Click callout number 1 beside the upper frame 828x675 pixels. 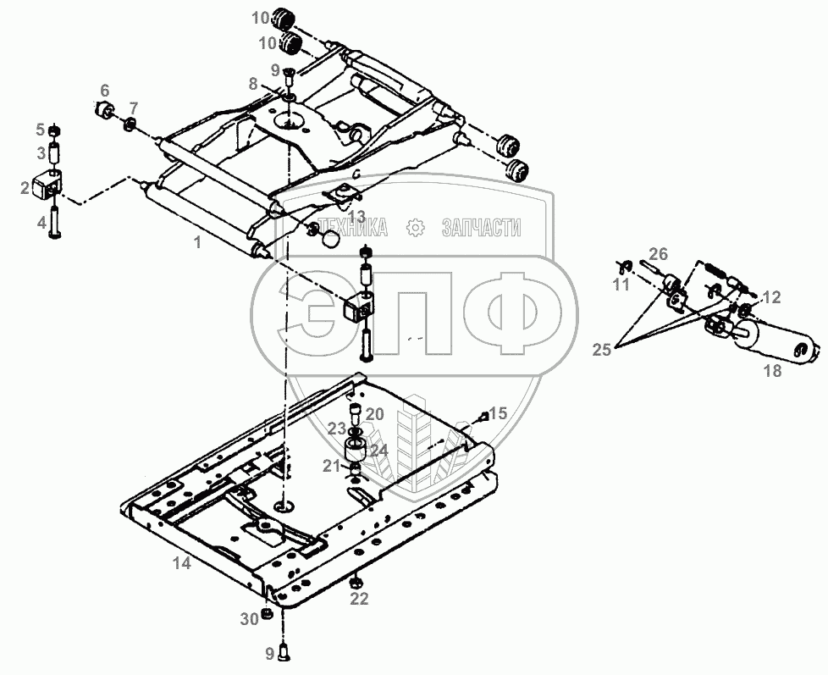pyautogui.click(x=197, y=242)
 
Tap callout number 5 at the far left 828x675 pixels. pyautogui.click(x=39, y=130)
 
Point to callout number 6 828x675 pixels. pyautogui.click(x=105, y=91)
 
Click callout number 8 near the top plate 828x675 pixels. pyautogui.click(x=253, y=84)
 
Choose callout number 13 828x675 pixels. pyautogui.click(x=357, y=216)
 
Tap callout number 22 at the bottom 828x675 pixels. pyautogui.click(x=360, y=600)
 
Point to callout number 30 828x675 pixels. pyautogui.click(x=247, y=619)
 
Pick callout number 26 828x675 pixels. pyautogui.click(x=658, y=253)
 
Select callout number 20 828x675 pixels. pyautogui.click(x=375, y=414)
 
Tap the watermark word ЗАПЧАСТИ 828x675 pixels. pyautogui.click(x=481, y=227)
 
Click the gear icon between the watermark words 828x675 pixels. pyautogui.click(x=415, y=227)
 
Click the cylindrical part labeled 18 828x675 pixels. pyautogui.click(x=774, y=344)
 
